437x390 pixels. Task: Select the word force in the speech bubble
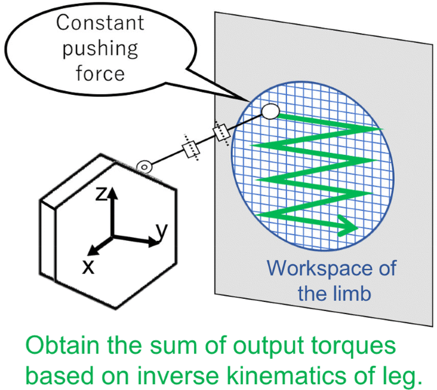click(x=100, y=73)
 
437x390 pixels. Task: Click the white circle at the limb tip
click(x=270, y=112)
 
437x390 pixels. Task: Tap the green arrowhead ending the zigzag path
click(x=347, y=225)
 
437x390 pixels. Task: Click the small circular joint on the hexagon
click(x=145, y=168)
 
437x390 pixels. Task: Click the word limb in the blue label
click(x=356, y=294)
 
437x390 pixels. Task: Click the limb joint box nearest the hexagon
click(x=191, y=148)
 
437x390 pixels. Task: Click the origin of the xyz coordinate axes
click(x=113, y=236)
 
